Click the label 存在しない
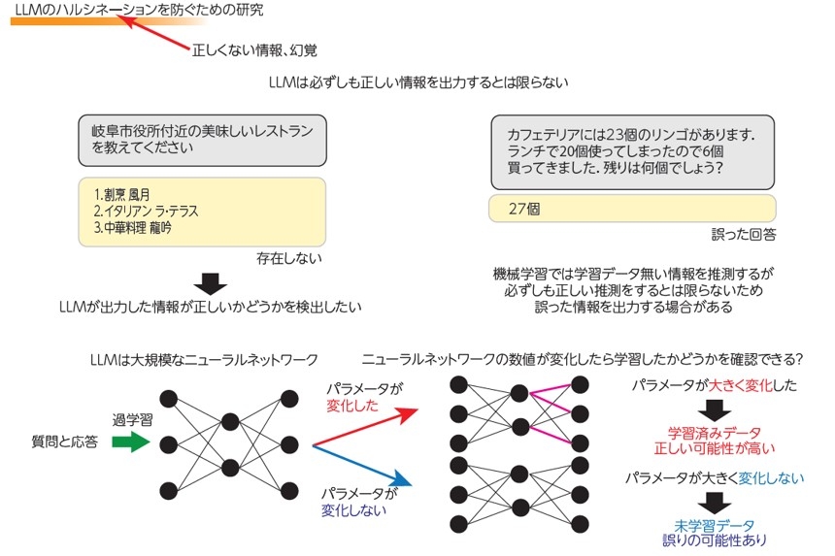(x=289, y=259)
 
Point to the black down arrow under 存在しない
(x=210, y=283)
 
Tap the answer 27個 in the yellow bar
(x=524, y=208)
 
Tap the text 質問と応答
(x=65, y=442)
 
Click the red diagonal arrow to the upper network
(x=365, y=428)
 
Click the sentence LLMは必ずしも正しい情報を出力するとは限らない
(x=417, y=82)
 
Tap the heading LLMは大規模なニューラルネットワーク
(x=203, y=359)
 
